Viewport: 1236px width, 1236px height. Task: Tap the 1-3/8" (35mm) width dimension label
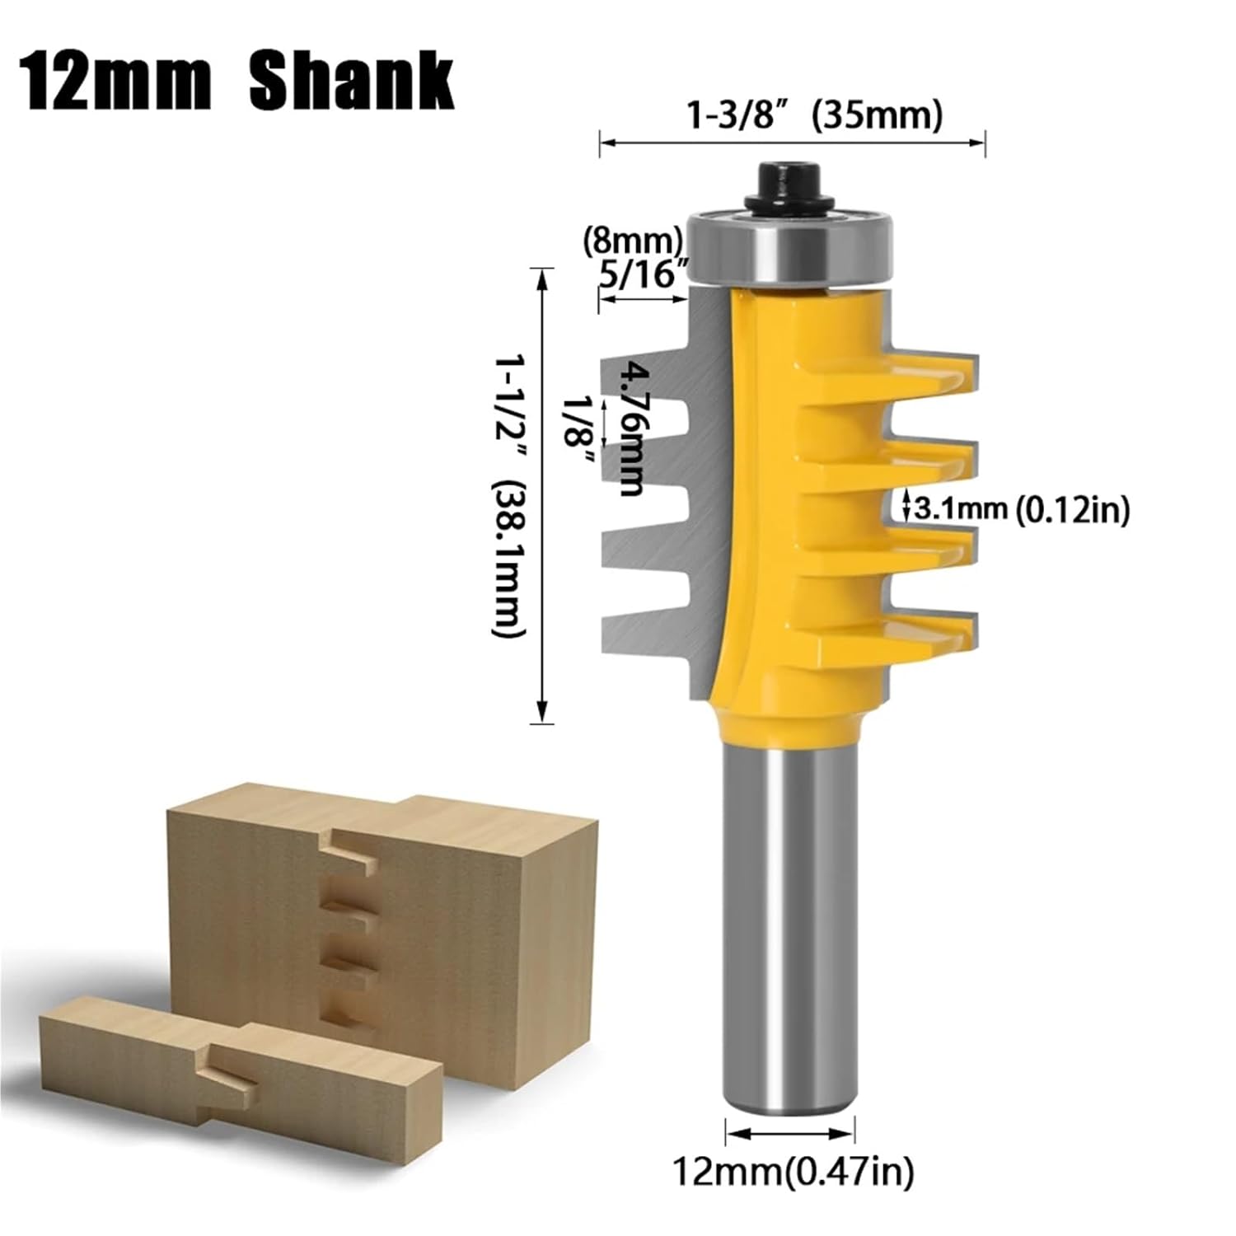pos(814,116)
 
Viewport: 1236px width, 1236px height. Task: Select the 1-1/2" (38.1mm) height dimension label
pos(508,496)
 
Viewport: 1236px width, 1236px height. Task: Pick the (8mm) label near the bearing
pos(633,240)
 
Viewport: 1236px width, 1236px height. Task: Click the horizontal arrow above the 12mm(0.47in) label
pos(790,1132)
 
